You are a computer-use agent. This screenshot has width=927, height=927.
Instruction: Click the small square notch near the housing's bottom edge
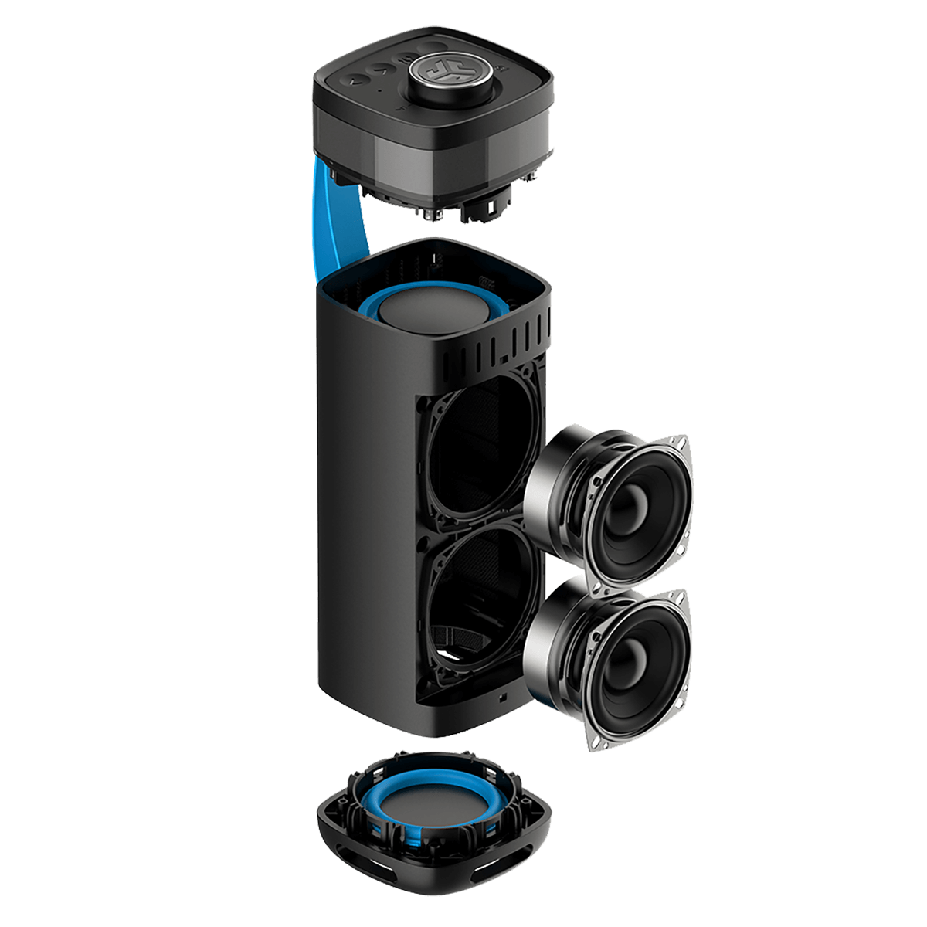(x=503, y=698)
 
